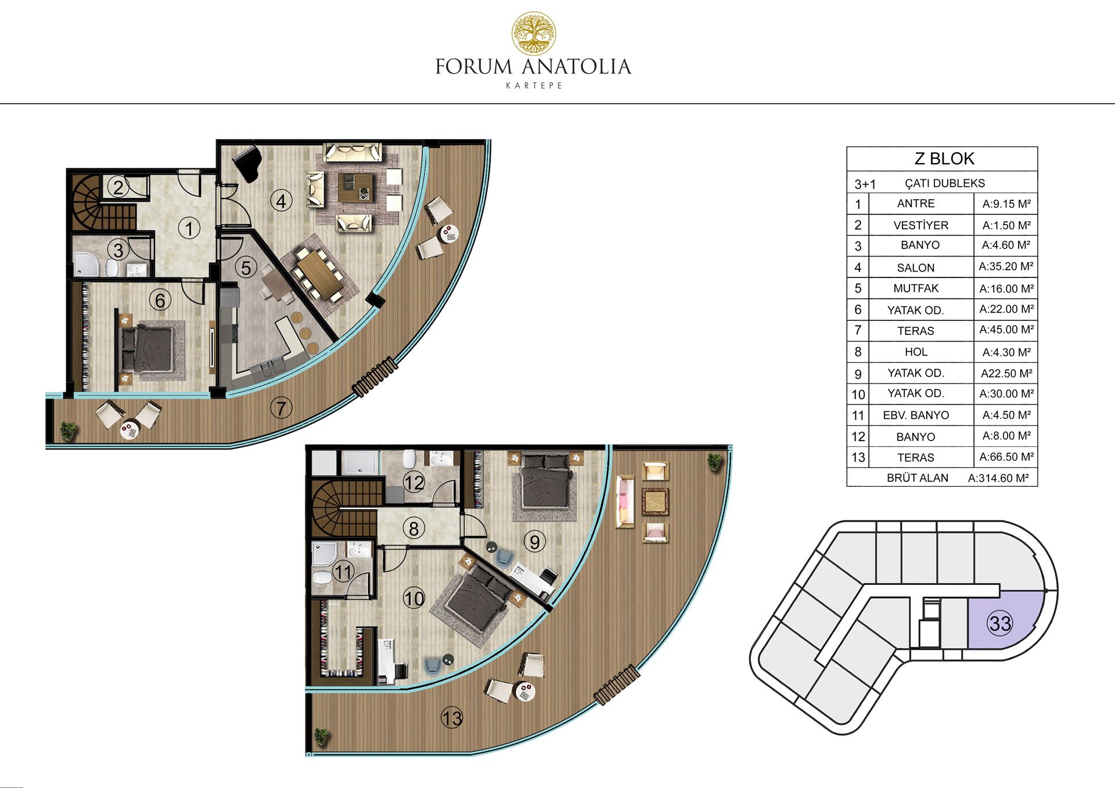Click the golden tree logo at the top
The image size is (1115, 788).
[x=533, y=34]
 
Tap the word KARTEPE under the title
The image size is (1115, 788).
[x=534, y=85]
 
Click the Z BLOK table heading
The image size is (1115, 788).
[x=944, y=158]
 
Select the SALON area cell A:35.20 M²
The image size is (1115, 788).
[x=1006, y=267]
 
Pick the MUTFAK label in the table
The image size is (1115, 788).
[x=916, y=288]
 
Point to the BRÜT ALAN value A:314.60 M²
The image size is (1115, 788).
[x=998, y=478]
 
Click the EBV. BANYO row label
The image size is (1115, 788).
[x=916, y=415]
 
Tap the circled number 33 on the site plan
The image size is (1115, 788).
[x=1000, y=623]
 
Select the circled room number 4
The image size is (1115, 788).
[x=282, y=201]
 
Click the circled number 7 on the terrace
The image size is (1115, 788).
[x=281, y=408]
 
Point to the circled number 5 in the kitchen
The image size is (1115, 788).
[x=246, y=268]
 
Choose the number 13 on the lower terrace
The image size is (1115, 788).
[x=452, y=718]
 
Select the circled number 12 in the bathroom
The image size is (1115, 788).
[x=414, y=482]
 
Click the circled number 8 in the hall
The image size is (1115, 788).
[x=413, y=529]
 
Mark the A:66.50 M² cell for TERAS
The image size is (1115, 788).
[x=1006, y=457]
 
